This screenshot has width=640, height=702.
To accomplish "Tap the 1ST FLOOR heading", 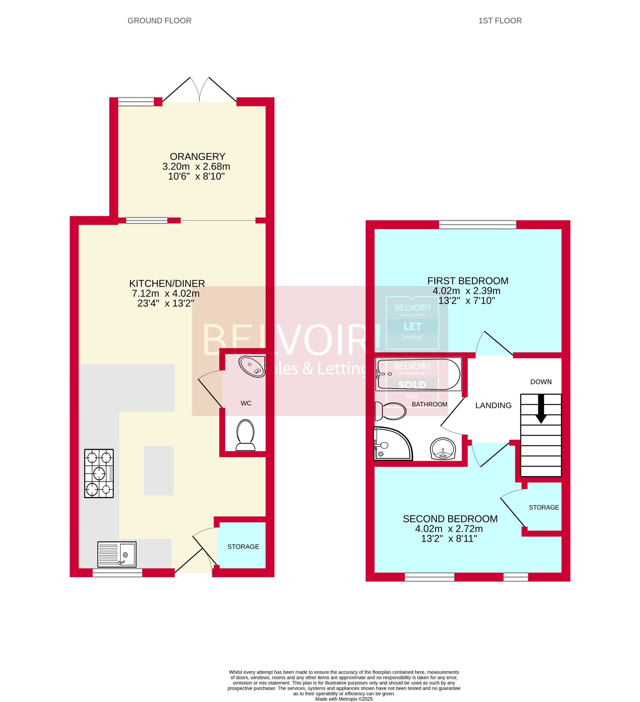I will [500, 21].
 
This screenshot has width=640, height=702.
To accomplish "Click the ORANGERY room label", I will [197, 157].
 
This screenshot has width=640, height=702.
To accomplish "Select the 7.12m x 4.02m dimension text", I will [166, 294].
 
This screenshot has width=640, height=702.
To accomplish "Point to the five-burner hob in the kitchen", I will [99, 473].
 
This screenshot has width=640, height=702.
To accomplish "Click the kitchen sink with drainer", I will [117, 554].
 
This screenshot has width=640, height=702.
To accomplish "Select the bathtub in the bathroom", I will [418, 374].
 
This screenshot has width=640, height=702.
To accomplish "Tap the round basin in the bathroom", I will [443, 449].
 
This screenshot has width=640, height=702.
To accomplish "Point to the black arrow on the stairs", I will [541, 408].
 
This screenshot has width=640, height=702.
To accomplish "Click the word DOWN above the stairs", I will [541, 382].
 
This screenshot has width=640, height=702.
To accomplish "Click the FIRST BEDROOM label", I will [468, 281].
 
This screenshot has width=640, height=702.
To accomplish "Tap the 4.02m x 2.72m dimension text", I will [449, 529].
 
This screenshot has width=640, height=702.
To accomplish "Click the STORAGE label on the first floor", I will [544, 508].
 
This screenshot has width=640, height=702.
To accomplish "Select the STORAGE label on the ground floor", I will [243, 547].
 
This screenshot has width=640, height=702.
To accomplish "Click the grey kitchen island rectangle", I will [159, 471].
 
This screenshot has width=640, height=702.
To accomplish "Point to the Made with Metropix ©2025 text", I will [344, 699].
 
